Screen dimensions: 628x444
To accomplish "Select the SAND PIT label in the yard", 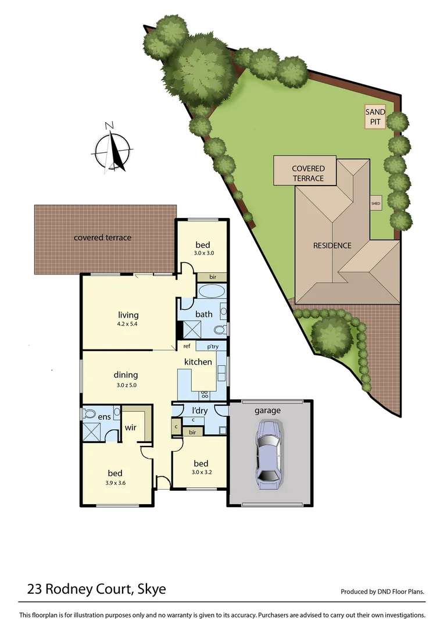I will click(374, 117).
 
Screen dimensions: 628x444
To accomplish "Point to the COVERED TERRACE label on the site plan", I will click(308, 173).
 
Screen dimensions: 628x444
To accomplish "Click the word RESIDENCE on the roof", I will click(332, 245).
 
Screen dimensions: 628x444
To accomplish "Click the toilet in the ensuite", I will click(89, 413).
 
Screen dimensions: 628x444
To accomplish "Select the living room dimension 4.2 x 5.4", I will click(128, 324).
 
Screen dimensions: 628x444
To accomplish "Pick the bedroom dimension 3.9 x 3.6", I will click(116, 483).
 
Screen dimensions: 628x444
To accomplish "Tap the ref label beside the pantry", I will click(187, 347).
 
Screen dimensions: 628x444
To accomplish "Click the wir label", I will click(130, 428).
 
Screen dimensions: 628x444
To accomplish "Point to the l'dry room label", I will click(199, 411).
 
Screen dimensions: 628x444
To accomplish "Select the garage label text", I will click(267, 411).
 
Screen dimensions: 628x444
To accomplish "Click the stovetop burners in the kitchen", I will click(205, 394).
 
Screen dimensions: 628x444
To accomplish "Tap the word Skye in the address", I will click(151, 589).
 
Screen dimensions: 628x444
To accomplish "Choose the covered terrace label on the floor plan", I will click(102, 237).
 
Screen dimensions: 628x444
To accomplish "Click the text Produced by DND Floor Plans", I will click(382, 592).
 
